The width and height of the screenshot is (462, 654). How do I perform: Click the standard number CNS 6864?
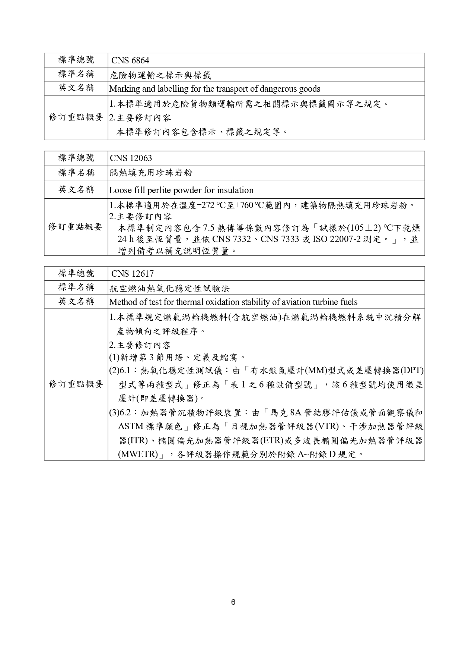pos(130,60)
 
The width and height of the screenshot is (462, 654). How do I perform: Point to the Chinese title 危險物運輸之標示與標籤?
pos(160,75)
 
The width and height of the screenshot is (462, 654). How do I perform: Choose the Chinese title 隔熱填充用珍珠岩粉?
pos(151,173)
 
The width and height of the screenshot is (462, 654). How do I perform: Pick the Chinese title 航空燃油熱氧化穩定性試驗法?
pos(169,288)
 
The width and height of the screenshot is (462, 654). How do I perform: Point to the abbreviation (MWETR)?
pos(138,455)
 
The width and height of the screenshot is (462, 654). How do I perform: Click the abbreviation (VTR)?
pos(326,426)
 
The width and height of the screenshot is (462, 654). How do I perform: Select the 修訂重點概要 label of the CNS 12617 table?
pos(76,384)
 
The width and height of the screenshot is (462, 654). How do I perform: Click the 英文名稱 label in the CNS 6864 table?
pos(76,88)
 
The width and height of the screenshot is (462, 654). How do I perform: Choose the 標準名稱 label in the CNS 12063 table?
pos(76,173)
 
